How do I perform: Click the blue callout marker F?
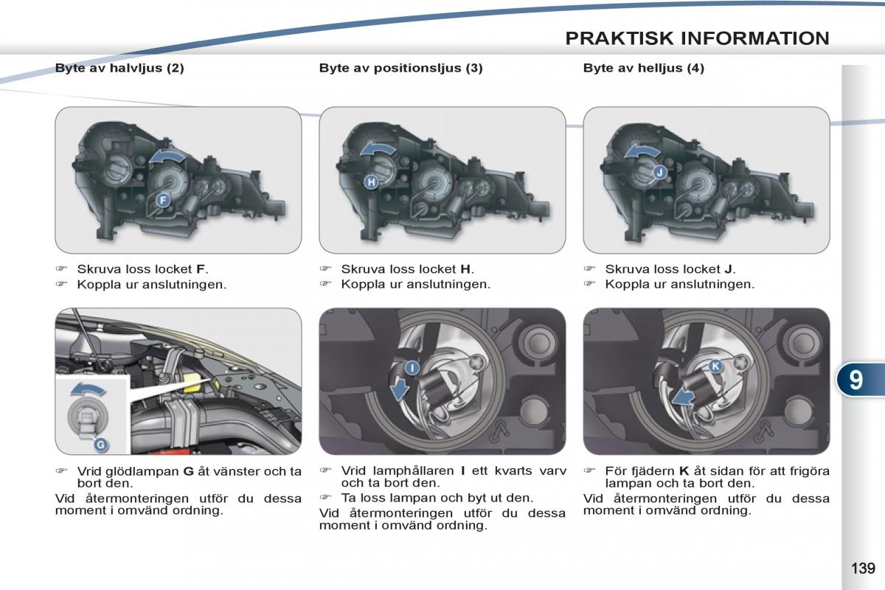pos(162,200)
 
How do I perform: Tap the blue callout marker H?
pos(371,181)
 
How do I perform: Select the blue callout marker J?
pos(659,172)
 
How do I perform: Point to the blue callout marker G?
pos(100,444)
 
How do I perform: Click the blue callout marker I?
pos(412,367)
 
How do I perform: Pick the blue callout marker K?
pos(714,366)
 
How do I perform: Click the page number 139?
pos(862,568)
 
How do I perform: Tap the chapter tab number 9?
pos(855,379)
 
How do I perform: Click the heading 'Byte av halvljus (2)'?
pos(119,68)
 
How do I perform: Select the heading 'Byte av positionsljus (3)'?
pos(400,68)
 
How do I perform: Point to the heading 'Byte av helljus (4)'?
pos(643,68)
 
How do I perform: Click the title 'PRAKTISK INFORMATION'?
pos(697,38)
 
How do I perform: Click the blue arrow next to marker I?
pos(400,387)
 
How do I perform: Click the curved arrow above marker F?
pos(167,156)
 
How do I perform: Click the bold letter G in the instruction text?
pos(187,471)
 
